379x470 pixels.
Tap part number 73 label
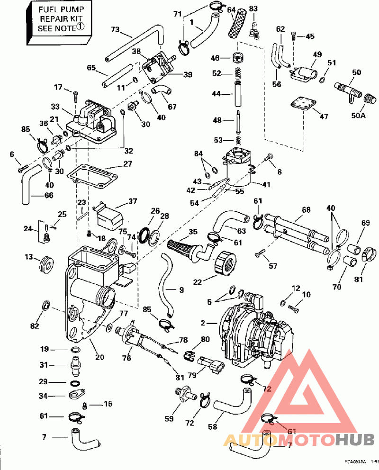[x=116, y=29]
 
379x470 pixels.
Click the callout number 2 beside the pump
[x=203, y=323]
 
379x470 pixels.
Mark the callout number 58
[x=212, y=427]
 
